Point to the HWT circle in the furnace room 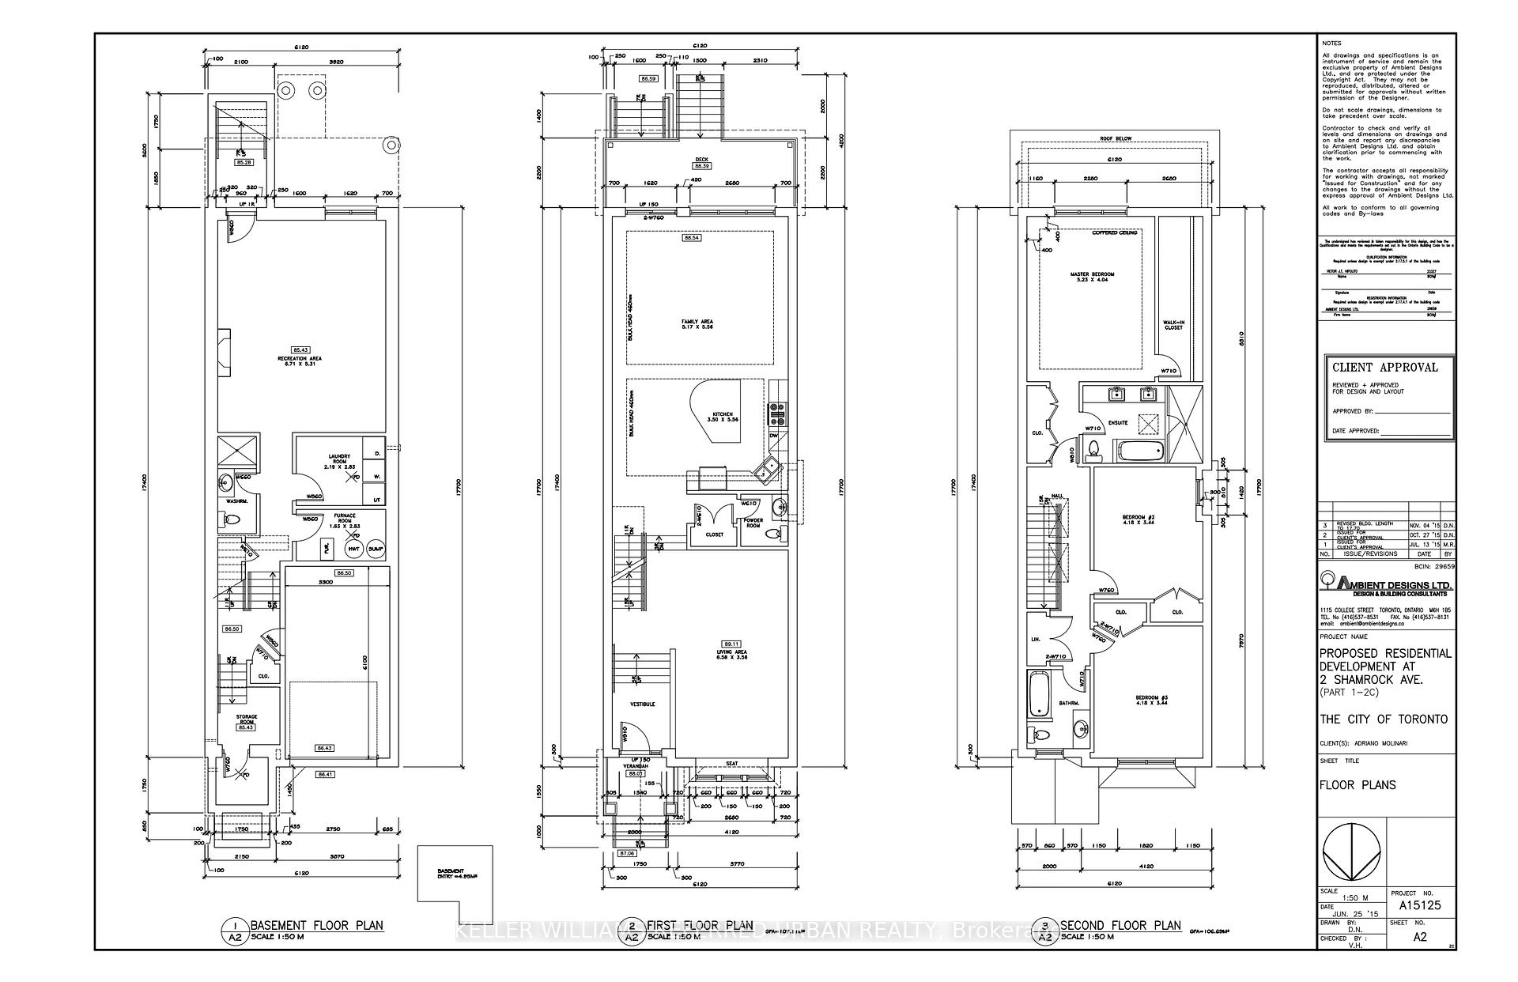tap(354, 549)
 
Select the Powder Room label tap(753, 523)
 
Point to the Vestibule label tap(642, 704)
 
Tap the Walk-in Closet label tap(1173, 325)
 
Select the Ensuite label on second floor tap(1117, 423)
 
